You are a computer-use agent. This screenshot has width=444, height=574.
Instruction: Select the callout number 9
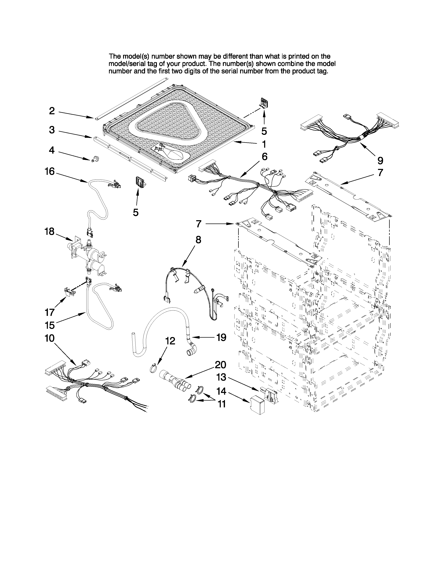380,160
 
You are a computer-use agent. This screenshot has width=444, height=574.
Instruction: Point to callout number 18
49,232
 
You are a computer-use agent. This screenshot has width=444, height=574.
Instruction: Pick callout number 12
170,341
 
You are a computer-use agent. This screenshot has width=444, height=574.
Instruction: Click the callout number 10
49,338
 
